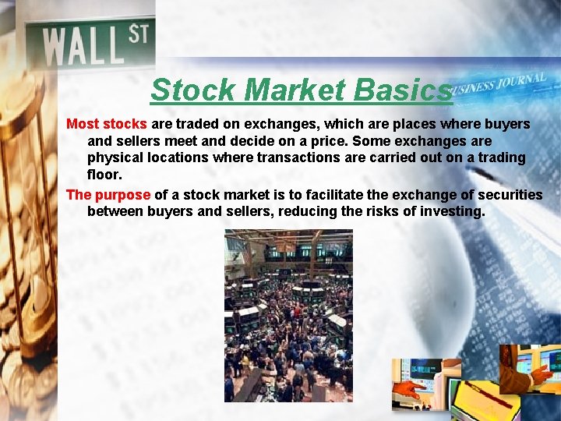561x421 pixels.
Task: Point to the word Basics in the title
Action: (x=401, y=90)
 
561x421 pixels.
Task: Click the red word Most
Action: (x=82, y=124)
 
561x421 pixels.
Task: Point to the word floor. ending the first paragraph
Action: (x=104, y=175)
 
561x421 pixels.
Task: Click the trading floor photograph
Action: (x=288, y=315)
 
